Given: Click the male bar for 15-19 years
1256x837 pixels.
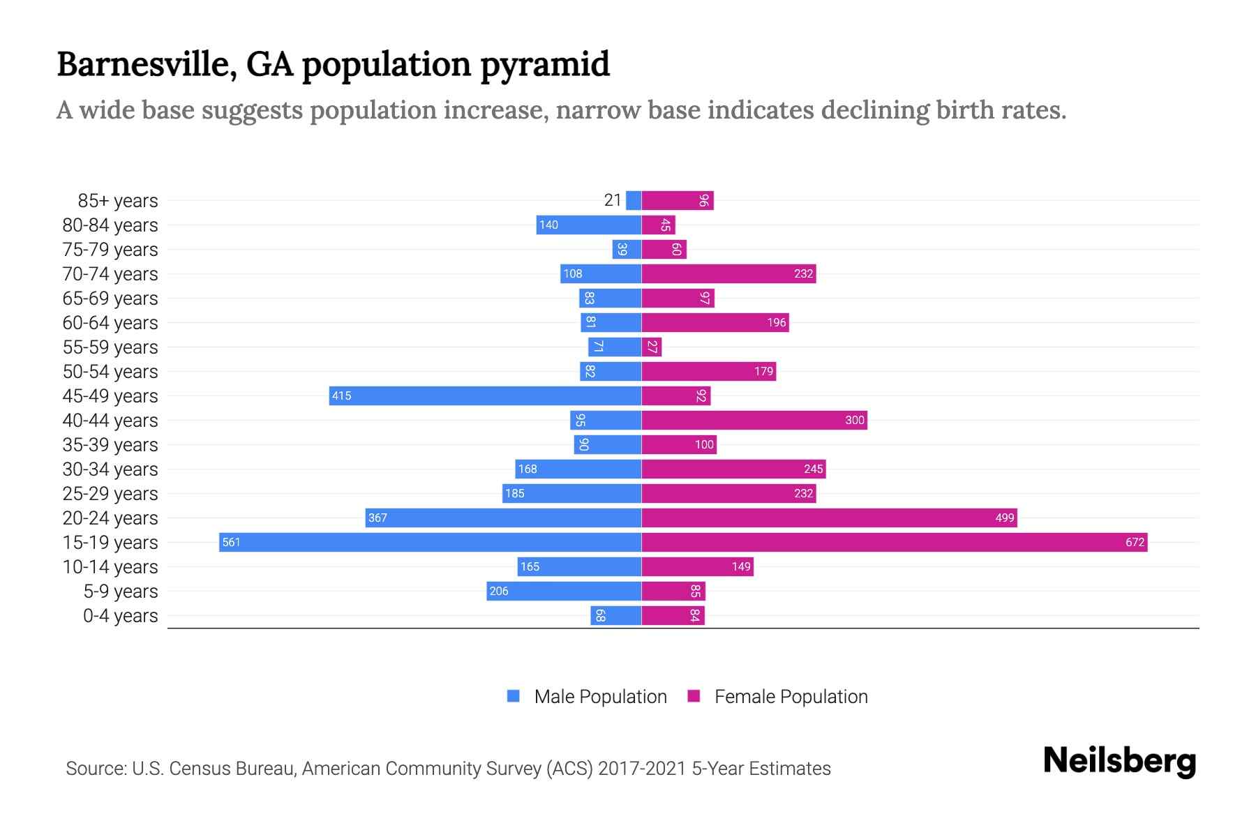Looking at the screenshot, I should point(430,542).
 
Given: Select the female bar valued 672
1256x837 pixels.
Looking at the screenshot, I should point(894,542).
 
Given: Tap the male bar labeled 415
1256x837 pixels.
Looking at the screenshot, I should point(485,395).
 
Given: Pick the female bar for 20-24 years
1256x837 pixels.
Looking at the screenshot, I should point(829,518).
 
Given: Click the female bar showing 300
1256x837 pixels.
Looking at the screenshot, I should point(754,420).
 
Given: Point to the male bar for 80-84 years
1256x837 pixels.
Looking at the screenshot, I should point(588,225).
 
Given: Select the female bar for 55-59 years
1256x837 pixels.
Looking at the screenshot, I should point(651,347).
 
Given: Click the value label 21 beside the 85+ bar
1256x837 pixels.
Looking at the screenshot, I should point(612,200).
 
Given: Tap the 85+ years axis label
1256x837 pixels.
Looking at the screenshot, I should point(117,200).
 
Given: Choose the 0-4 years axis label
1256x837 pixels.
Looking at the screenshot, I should point(120,615).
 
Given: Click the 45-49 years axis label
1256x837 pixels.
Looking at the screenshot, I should point(110,395).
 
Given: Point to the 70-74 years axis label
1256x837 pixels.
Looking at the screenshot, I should point(110,273).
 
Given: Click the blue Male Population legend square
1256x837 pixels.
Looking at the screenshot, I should point(514,696).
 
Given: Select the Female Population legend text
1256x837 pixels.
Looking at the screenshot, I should point(791,696).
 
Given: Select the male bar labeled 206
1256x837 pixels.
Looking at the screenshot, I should point(563,591).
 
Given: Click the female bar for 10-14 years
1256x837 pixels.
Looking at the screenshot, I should point(697,566).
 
